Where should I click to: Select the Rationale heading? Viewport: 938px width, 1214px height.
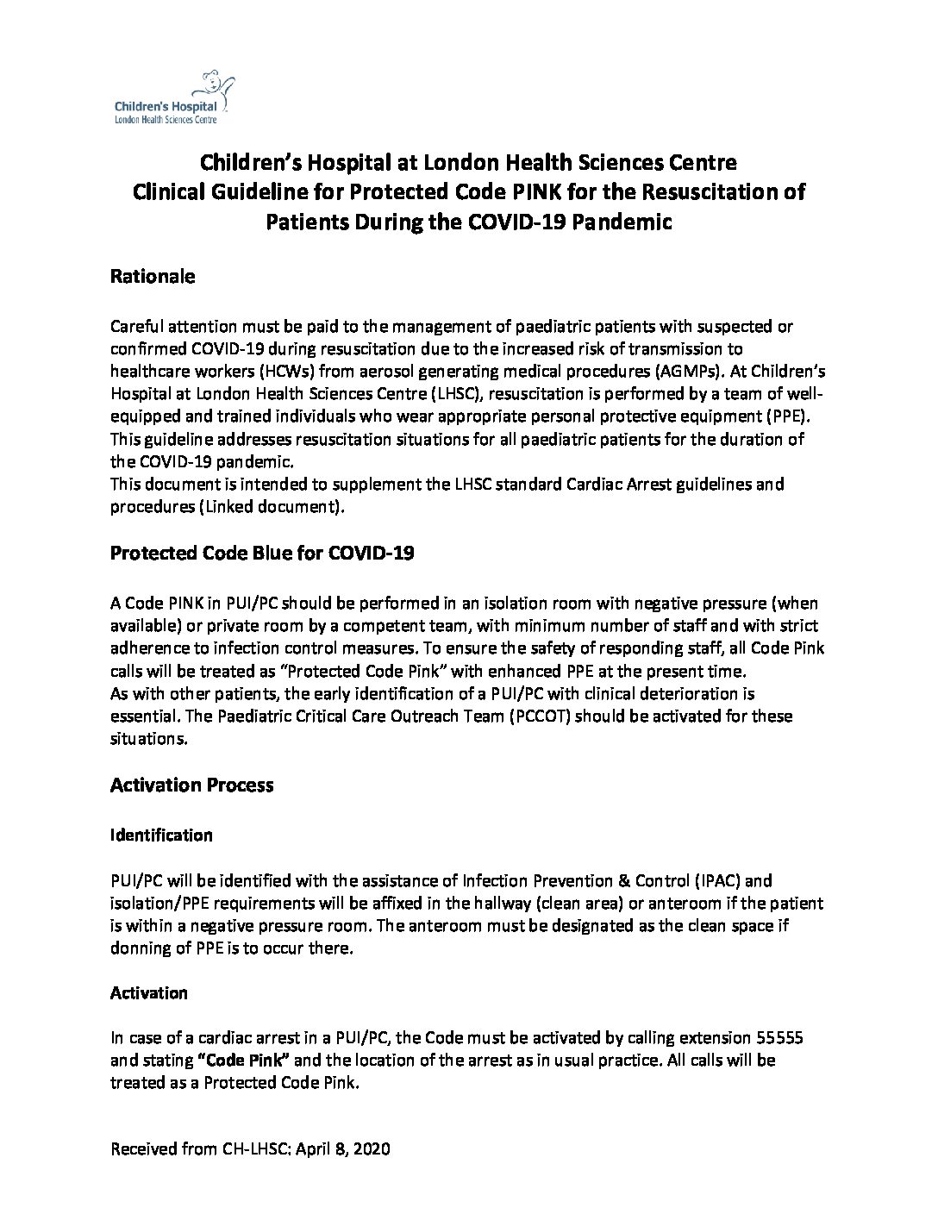pyautogui.click(x=153, y=277)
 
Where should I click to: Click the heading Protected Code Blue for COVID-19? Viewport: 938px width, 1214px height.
pyautogui.click(x=262, y=553)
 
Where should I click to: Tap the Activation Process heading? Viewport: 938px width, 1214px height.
pyautogui.click(x=191, y=785)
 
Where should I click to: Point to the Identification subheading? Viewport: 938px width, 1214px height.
pyautogui.click(x=161, y=835)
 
